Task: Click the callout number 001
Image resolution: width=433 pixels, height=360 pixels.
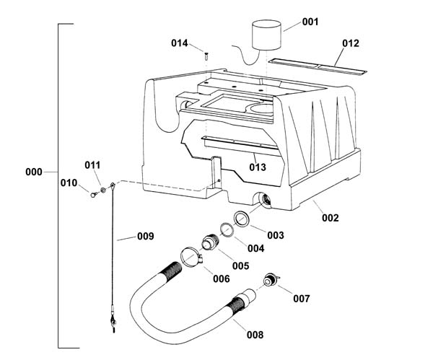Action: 310,22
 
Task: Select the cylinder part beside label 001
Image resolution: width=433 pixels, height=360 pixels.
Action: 267,35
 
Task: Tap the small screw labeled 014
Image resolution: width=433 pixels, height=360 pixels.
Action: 206,56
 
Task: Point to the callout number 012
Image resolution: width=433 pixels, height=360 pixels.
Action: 351,43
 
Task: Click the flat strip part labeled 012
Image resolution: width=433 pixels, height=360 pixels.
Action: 318,66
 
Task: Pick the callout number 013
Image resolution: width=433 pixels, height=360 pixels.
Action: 258,167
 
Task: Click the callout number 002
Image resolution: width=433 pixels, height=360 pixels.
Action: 330,218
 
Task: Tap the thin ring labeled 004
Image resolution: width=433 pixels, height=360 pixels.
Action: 227,229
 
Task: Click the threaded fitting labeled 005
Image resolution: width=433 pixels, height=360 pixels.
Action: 209,242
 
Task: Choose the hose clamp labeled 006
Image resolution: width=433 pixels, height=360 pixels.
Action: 192,257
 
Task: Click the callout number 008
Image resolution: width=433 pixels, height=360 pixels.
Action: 255,335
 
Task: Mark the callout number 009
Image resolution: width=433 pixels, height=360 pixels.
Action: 146,237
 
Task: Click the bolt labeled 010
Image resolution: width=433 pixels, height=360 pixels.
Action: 94,195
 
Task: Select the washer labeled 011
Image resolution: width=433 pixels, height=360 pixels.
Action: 103,190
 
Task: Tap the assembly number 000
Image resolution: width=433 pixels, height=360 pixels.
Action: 34,172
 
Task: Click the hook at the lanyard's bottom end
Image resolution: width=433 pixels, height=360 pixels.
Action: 113,322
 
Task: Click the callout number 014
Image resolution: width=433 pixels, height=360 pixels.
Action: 179,43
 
